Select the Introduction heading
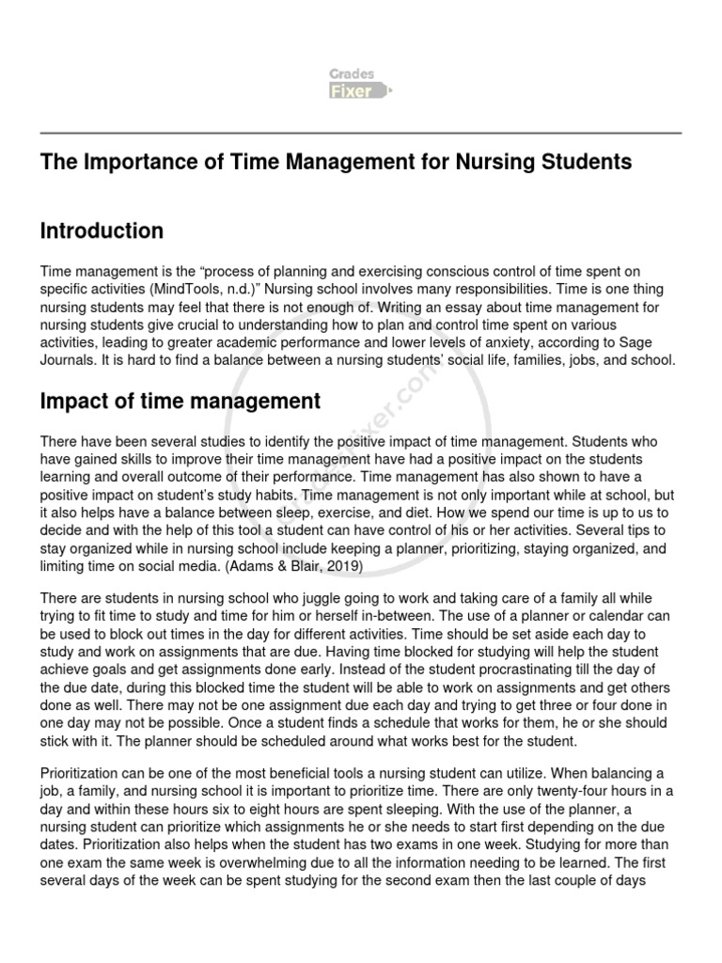pyautogui.click(x=102, y=230)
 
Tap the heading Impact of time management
pyautogui.click(x=180, y=402)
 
